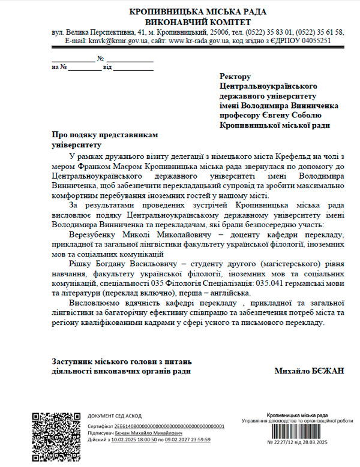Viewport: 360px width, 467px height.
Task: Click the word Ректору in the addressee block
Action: pos(235,77)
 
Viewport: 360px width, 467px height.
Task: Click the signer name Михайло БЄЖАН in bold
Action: pos(310,370)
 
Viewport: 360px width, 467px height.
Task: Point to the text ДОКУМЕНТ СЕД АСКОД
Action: pos(115,415)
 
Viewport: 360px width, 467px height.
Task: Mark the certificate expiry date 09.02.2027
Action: pos(180,439)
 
